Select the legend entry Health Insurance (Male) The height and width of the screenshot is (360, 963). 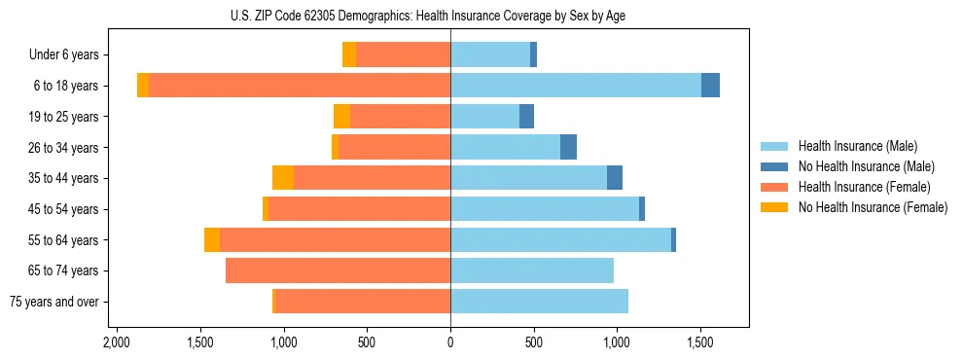(x=857, y=146)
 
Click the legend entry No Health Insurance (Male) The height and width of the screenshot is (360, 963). (x=866, y=166)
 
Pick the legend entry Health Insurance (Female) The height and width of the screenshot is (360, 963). (x=864, y=187)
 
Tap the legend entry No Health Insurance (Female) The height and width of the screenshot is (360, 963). (x=872, y=207)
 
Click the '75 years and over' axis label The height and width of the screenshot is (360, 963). (x=54, y=302)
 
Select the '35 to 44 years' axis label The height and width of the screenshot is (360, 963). (x=62, y=178)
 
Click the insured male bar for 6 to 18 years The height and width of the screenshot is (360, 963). (x=576, y=86)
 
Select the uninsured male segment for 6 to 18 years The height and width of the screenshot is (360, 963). (x=710, y=86)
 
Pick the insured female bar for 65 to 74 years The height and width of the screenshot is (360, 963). (x=338, y=270)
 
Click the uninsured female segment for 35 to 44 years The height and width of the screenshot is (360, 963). (x=283, y=178)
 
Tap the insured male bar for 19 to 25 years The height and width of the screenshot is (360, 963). (x=484, y=117)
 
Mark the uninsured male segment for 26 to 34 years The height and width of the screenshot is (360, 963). (x=568, y=147)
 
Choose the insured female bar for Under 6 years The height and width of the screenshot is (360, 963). (x=403, y=55)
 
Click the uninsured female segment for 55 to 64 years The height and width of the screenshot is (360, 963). (x=212, y=239)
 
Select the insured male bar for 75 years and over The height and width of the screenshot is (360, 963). (x=539, y=302)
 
